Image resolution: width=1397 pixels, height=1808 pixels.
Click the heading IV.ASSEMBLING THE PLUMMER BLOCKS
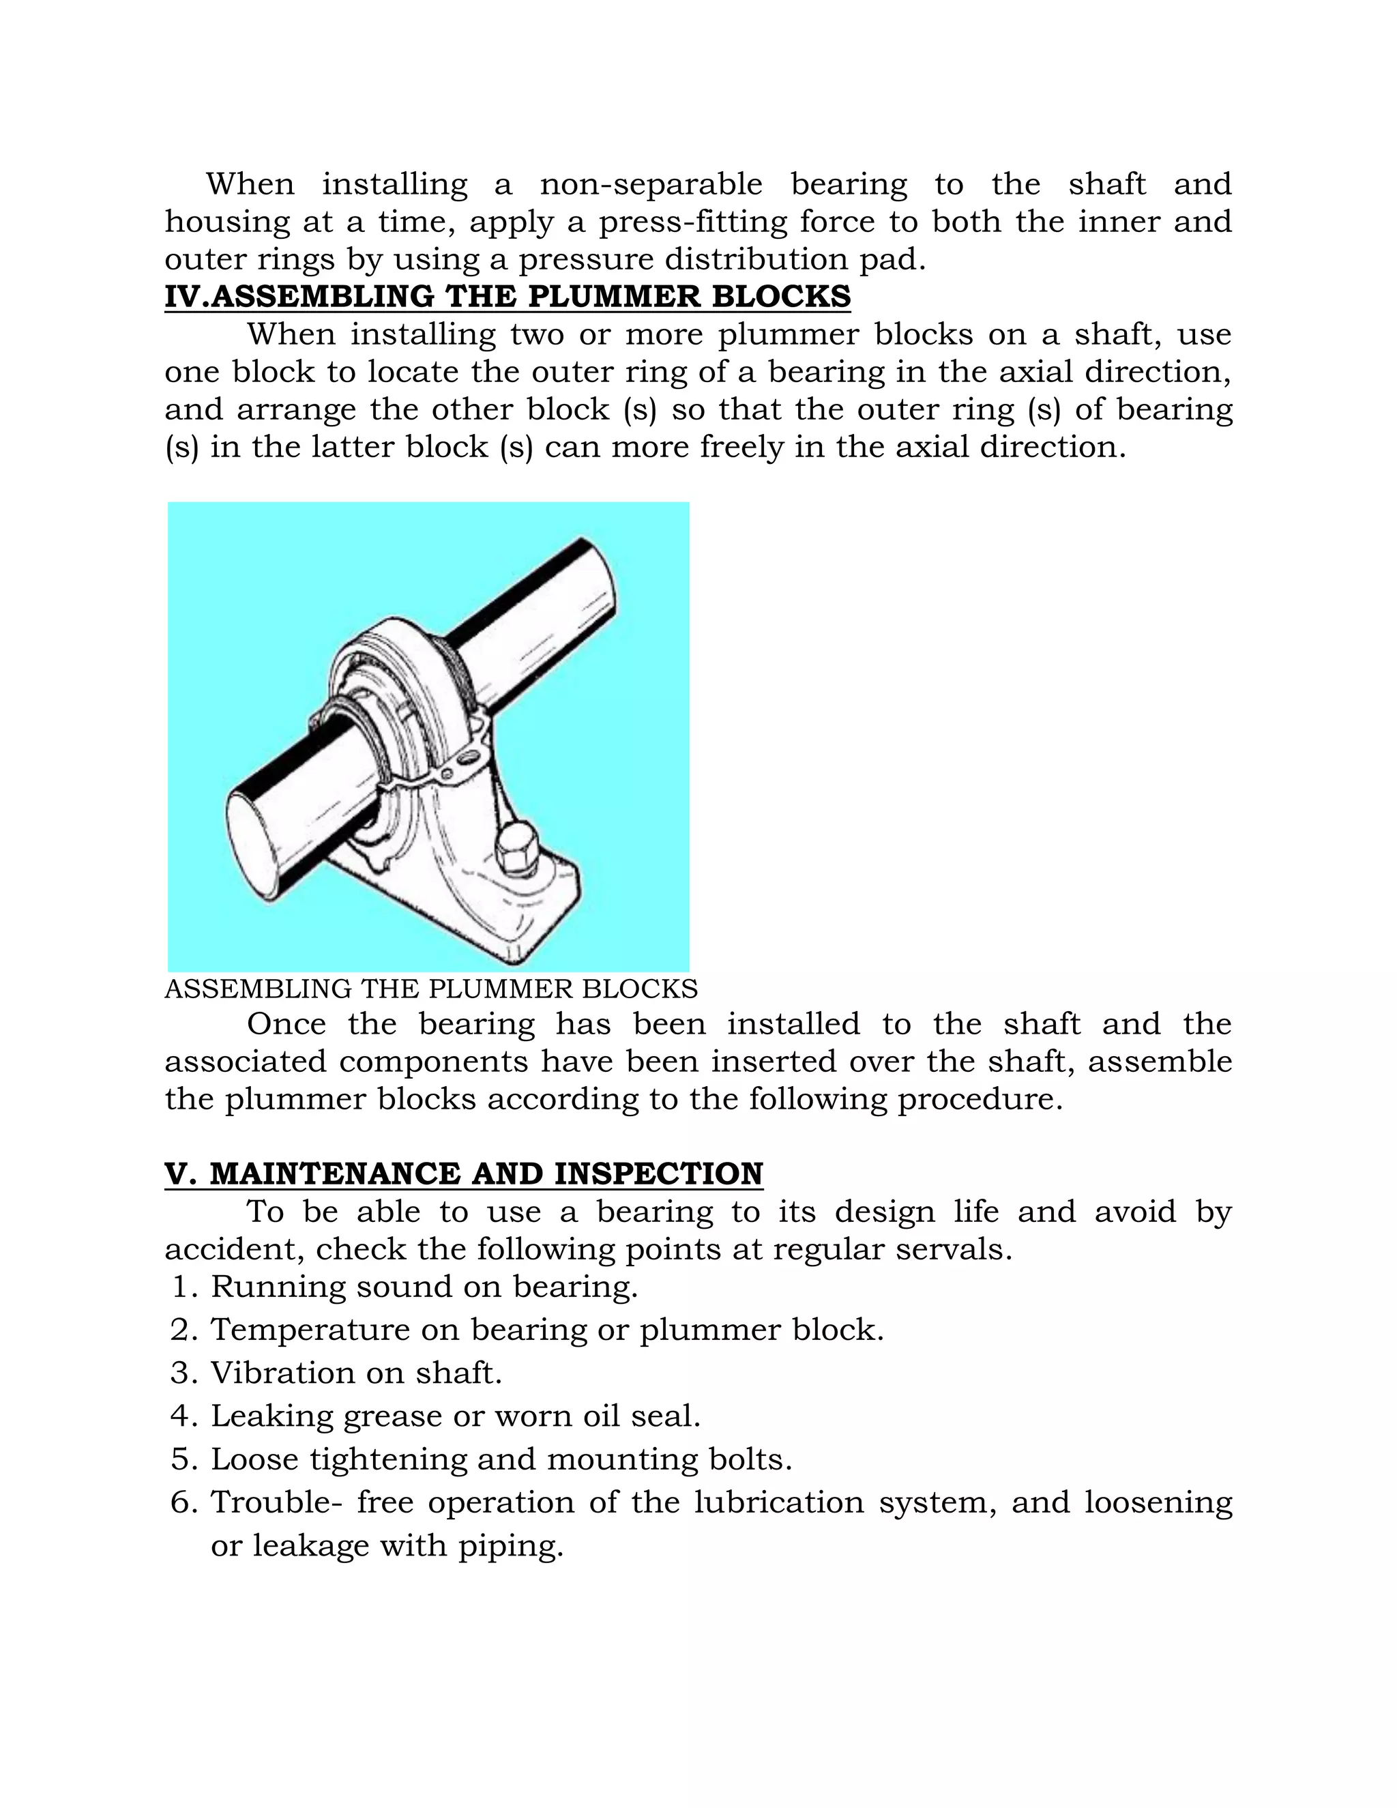pyautogui.click(x=508, y=296)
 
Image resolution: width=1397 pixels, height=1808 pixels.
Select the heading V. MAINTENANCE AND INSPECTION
pyautogui.click(x=463, y=1174)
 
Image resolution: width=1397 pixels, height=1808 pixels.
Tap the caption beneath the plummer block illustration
pyautogui.click(x=431, y=989)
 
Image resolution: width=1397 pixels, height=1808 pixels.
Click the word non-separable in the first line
pyautogui.click(x=651, y=184)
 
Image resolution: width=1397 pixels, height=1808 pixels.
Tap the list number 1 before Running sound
pyautogui.click(x=183, y=1287)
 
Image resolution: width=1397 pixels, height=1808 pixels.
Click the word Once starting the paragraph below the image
pyautogui.click(x=286, y=1025)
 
